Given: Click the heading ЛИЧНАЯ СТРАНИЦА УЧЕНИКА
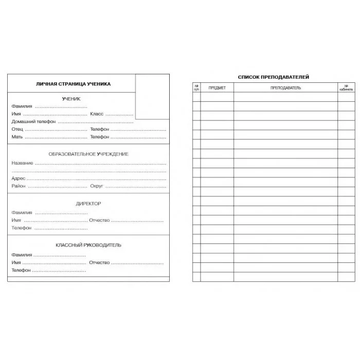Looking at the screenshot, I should click(73, 84).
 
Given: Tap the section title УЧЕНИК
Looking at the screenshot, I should click(71, 99).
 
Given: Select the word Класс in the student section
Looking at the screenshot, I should click(97, 114).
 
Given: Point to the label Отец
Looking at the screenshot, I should click(17, 130).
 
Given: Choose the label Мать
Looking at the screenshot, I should click(17, 137).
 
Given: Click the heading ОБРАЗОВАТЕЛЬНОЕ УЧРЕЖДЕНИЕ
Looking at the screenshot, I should click(88, 154).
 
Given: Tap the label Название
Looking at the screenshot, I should click(22, 163).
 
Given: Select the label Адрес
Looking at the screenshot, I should click(19, 178).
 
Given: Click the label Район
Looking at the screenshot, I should click(19, 186).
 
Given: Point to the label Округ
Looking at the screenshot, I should click(97, 186).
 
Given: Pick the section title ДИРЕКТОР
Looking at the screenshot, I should click(88, 204).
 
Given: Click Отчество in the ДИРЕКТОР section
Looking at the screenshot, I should click(100, 220).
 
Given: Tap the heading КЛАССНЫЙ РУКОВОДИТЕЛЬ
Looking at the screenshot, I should click(88, 245).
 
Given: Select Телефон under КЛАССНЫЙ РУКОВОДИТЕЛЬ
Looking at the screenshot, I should click(22, 270).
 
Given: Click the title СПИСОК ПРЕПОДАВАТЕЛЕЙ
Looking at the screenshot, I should click(274, 77).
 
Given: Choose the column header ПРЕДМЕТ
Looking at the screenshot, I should click(217, 88).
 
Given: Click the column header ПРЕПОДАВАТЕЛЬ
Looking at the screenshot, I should click(286, 88).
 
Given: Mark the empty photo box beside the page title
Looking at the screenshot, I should click(152, 96).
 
